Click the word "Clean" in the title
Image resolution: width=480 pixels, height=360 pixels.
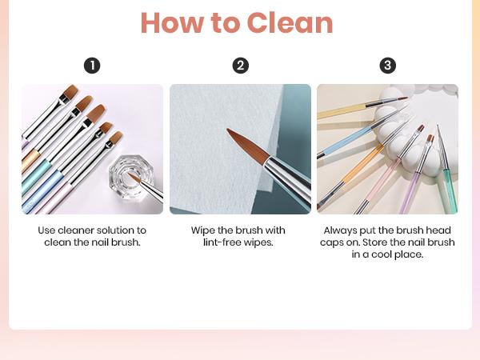[290, 23]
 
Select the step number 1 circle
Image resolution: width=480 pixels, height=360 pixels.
[92, 66]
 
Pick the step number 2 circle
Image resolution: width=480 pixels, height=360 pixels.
[240, 66]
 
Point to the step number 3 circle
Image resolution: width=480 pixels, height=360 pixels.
[388, 66]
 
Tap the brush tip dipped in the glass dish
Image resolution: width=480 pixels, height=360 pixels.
[133, 177]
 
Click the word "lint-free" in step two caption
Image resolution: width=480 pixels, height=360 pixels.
[225, 242]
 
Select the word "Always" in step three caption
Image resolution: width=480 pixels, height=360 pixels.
[339, 230]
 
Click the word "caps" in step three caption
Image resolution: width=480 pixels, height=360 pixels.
[333, 242]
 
